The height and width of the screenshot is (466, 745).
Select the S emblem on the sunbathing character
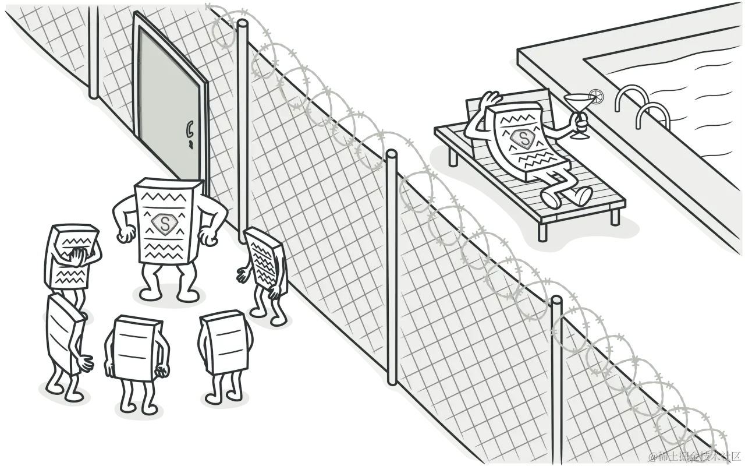(x=524, y=139)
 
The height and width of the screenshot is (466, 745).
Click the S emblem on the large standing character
(x=165, y=223)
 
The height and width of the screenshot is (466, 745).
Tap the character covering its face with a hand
(x=70, y=256)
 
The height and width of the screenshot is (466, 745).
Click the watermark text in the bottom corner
(x=695, y=456)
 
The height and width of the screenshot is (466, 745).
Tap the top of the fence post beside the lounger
(x=391, y=155)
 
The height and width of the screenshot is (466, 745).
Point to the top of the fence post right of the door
(x=243, y=23)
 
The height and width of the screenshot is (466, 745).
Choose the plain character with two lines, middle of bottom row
(x=134, y=347)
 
